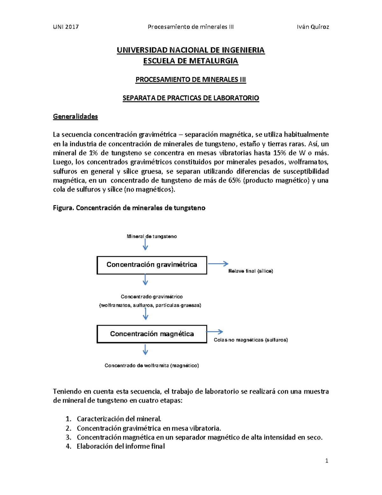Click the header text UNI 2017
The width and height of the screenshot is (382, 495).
pyautogui.click(x=66, y=27)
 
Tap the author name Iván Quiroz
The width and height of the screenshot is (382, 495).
pyautogui.click(x=313, y=27)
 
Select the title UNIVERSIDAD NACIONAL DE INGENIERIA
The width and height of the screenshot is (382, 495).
pyautogui.click(x=191, y=50)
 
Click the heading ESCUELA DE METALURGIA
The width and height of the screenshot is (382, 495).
pyautogui.click(x=191, y=61)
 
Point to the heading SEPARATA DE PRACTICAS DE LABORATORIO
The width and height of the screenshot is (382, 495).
pyautogui.click(x=191, y=98)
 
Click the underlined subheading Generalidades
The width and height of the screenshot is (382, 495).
pyautogui.click(x=75, y=116)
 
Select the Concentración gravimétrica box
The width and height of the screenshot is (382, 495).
pyautogui.click(x=152, y=265)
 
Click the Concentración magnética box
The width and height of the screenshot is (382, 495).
pyautogui.click(x=152, y=334)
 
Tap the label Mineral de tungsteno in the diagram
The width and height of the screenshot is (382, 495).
pyautogui.click(x=152, y=237)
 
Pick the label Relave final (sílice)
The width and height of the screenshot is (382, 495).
pyautogui.click(x=251, y=271)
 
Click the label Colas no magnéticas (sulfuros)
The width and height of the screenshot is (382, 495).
pyautogui.click(x=251, y=340)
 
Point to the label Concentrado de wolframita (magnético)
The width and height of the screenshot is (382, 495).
pyautogui.click(x=152, y=366)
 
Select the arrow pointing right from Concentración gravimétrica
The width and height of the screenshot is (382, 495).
pyautogui.click(x=218, y=264)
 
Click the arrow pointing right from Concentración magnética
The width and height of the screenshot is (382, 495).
pyautogui.click(x=215, y=332)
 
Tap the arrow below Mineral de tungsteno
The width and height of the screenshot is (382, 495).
pyautogui.click(x=145, y=244)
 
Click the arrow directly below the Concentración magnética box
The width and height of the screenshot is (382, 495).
pyautogui.click(x=145, y=350)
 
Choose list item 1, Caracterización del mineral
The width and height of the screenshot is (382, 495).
pyautogui.click(x=119, y=419)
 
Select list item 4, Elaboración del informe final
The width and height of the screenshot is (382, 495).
pyautogui.click(x=121, y=446)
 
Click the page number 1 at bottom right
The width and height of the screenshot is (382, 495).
pyautogui.click(x=327, y=461)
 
